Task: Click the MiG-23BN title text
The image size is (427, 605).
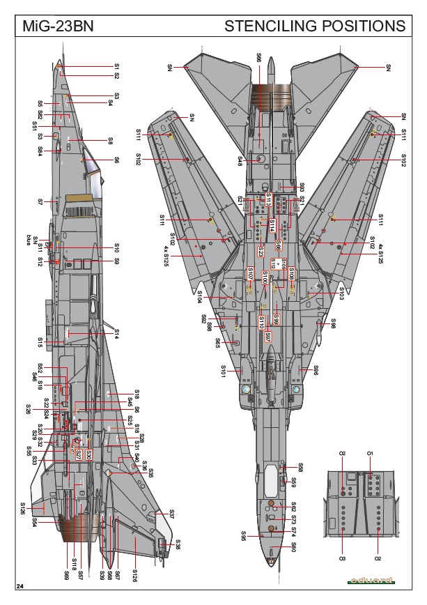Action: [x=55, y=26]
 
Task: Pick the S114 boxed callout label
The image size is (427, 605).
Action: [x=272, y=224]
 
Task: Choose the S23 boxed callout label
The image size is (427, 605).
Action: [x=261, y=251]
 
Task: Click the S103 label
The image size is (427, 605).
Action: [x=341, y=293]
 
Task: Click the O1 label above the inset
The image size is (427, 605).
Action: [x=371, y=454]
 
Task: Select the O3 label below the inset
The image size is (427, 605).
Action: [x=342, y=558]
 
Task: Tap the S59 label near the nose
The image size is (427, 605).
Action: [x=293, y=482]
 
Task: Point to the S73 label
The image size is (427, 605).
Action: [x=293, y=520]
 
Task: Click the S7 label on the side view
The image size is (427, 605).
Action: [x=40, y=202]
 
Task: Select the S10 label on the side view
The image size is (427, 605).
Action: [x=117, y=247]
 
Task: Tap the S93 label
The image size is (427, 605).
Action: [x=302, y=187]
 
